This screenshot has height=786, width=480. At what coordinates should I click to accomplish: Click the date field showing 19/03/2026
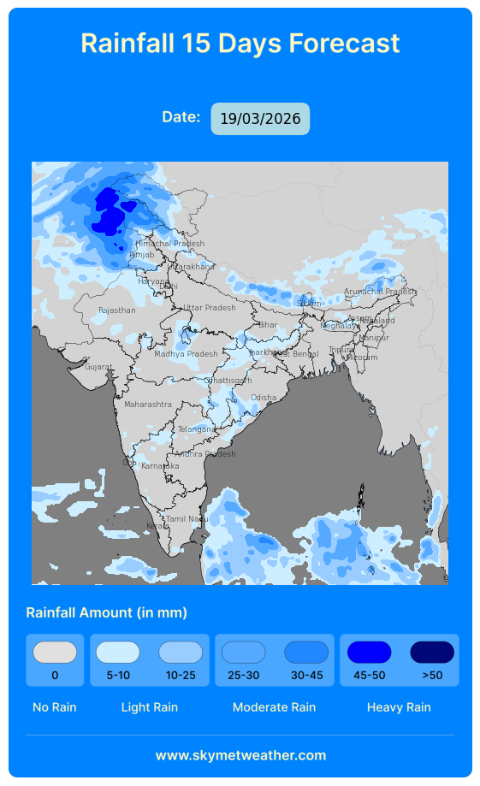260,119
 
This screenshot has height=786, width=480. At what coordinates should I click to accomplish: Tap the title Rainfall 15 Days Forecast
240,43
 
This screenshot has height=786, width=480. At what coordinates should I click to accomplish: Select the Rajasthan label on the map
116,310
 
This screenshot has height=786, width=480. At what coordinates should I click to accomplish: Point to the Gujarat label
98,367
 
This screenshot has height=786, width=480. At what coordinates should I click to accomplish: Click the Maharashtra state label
147,404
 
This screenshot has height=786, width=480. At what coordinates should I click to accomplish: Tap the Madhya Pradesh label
186,354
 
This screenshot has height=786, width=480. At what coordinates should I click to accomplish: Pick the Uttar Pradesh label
209,308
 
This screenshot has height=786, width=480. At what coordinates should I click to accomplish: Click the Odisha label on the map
264,398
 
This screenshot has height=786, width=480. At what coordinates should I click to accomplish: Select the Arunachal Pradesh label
379,292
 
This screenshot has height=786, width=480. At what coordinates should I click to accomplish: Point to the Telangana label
197,429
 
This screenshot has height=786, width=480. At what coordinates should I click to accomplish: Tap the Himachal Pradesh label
169,244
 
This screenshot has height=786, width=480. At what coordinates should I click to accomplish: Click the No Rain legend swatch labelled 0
55,653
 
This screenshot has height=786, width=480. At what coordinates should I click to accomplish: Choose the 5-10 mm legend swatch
117,653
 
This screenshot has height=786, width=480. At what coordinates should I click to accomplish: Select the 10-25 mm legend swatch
181,653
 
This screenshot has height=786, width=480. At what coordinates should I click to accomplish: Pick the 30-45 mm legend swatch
306,653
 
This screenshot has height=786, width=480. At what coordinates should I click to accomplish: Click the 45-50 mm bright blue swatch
369,653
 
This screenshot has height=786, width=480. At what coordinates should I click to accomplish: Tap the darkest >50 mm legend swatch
432,653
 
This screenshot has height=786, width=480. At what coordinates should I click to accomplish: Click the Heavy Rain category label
399,707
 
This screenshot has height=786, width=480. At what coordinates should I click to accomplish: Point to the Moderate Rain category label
274,707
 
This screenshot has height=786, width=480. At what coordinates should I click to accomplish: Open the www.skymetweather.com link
240,755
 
